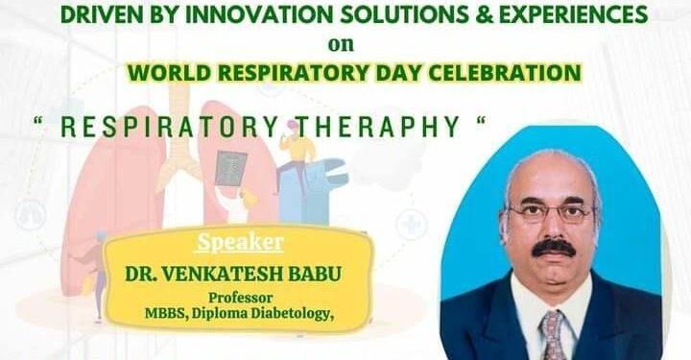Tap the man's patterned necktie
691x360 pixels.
(553, 334)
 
